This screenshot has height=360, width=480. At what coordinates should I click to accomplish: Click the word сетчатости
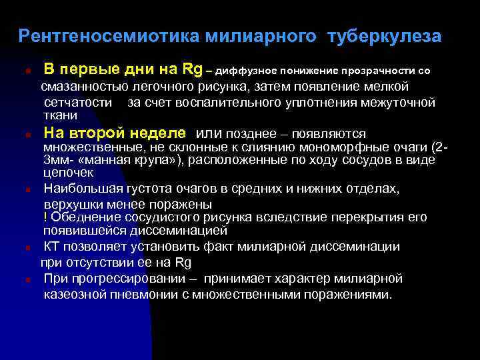pos(79,103)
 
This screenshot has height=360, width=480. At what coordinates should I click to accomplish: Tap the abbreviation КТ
pos(53,247)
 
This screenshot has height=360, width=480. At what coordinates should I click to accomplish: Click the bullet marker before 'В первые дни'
pos(23,71)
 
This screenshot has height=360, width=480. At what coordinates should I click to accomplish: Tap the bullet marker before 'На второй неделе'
pos(23,134)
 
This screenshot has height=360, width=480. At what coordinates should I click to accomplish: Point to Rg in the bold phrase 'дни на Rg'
pos(193,69)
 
